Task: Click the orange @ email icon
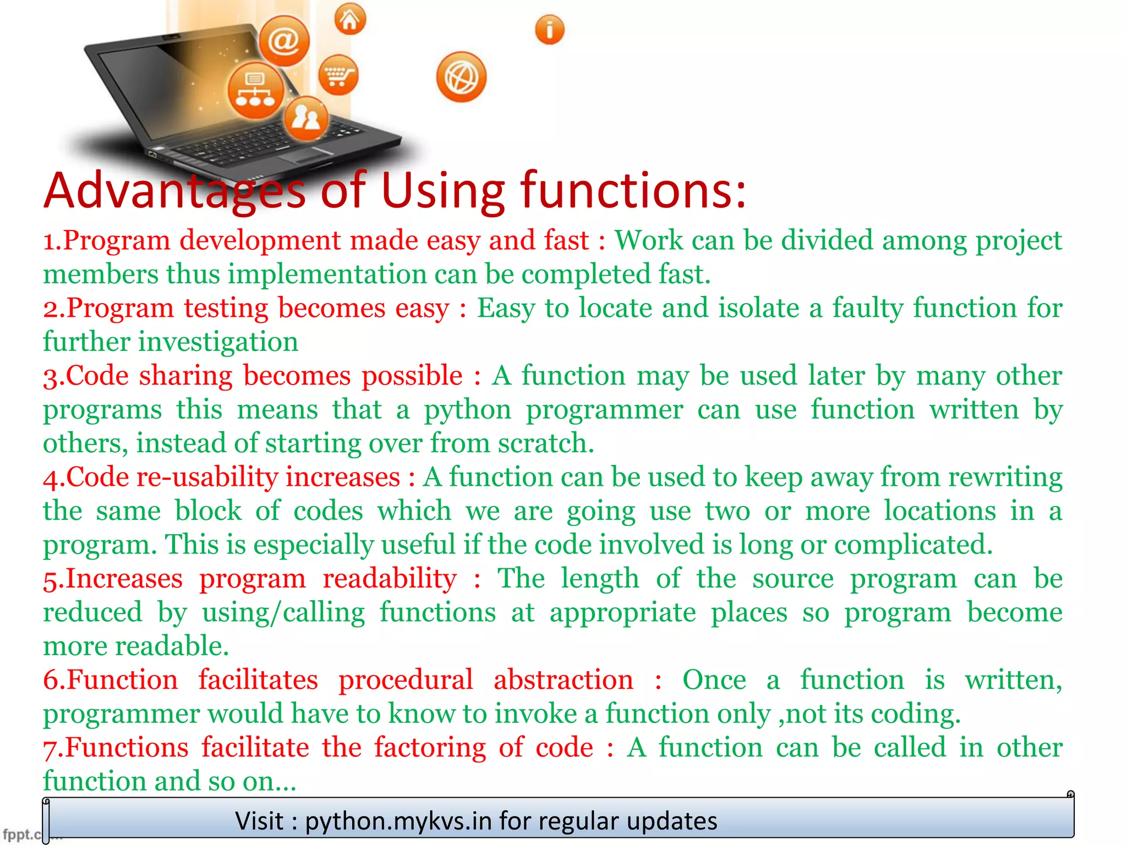click(284, 41)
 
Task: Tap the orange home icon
click(350, 20)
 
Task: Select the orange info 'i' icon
click(549, 30)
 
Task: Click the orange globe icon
click(461, 78)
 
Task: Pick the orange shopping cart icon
click(338, 75)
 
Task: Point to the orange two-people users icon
click(306, 118)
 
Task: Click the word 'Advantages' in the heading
click(174, 191)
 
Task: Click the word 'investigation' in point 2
click(218, 342)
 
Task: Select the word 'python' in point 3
click(467, 410)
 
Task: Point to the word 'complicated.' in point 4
click(913, 545)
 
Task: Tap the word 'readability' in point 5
click(389, 579)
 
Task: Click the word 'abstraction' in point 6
click(563, 681)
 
